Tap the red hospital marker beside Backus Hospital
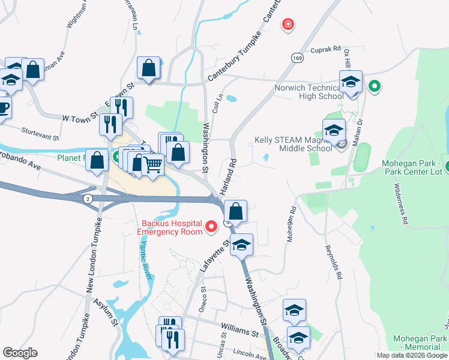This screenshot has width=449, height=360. (x=211, y=227)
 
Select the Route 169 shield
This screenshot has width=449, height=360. (x=298, y=58)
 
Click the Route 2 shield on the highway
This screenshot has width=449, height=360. (x=88, y=199)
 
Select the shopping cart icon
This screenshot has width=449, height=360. (x=154, y=163)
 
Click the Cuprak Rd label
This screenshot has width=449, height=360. (x=325, y=50)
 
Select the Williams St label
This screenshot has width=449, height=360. (x=239, y=329)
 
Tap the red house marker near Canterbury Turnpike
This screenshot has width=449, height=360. (x=289, y=25)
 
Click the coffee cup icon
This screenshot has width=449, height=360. (x=3, y=108)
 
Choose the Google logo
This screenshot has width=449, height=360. (x=20, y=353)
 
